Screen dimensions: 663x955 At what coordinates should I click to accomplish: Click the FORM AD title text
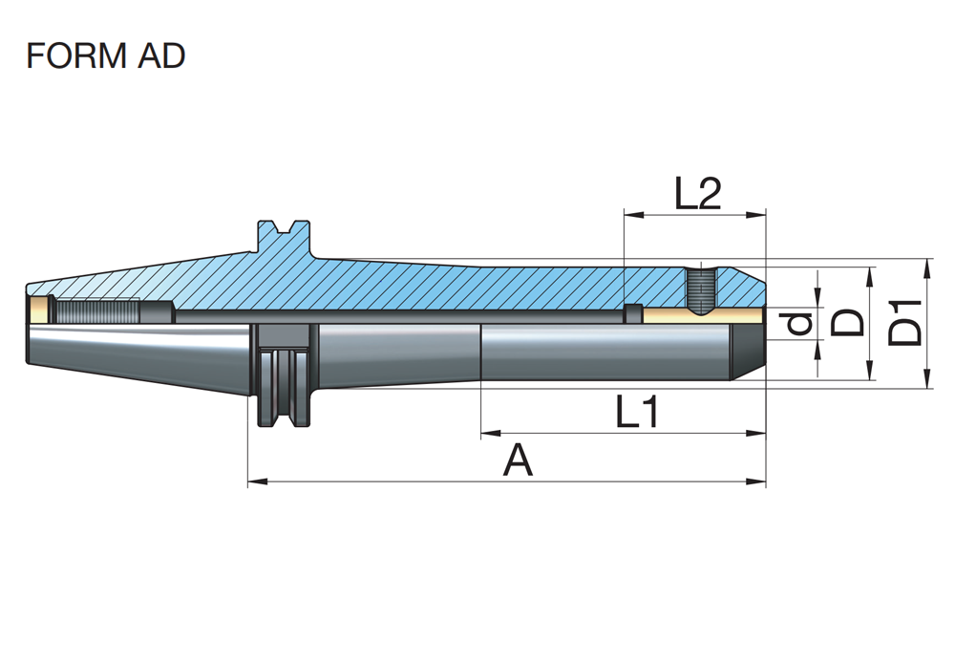105,56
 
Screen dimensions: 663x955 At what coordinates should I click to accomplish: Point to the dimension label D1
906,323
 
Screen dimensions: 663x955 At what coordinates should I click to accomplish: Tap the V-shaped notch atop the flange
285,229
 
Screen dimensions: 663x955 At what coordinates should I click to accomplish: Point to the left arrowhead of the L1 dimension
488,435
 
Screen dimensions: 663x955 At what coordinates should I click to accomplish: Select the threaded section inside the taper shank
95,311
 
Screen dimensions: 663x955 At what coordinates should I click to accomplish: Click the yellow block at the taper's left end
39,309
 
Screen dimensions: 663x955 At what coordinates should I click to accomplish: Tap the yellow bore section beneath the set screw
702,314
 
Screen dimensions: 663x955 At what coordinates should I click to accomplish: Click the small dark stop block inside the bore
630,313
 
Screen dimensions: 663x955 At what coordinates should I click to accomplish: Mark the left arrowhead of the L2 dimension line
629,215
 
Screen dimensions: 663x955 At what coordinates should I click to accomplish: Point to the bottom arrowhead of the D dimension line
869,375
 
